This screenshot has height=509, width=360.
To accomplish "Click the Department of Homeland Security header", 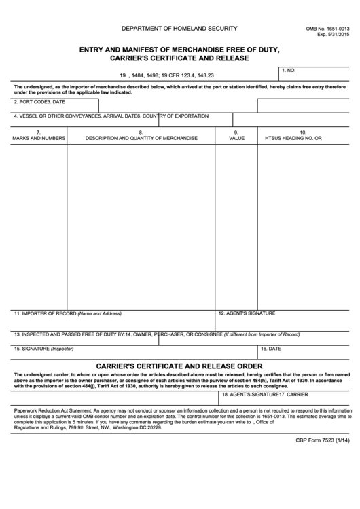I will coord(179,28).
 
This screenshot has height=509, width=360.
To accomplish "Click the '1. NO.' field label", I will coord(289,71).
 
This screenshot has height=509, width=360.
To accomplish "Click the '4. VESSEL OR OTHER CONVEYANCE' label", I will coord(55,116).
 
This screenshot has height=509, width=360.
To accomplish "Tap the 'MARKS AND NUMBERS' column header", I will coord(39,138).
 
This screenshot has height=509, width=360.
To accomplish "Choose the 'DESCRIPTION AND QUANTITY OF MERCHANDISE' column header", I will coord(141,138).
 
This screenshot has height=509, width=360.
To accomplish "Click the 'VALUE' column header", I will coord(236,138).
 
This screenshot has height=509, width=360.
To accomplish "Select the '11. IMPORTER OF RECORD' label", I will coord(45,314).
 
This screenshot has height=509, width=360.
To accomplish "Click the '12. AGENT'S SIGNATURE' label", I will coord(247,313).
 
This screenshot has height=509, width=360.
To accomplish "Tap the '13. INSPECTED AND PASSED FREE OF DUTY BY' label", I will coord(67,334).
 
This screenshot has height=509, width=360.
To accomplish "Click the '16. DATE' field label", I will coord(271,348).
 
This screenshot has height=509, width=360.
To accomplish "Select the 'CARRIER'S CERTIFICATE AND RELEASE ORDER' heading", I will coord(179,365).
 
